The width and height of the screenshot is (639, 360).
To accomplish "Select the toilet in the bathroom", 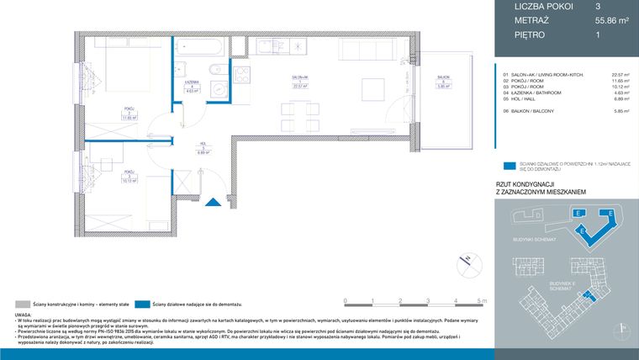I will (216, 71).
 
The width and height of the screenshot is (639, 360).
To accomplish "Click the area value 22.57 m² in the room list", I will (621, 74).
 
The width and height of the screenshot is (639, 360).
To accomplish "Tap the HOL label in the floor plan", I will (203, 145).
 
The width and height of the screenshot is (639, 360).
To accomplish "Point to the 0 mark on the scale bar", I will (346, 300).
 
